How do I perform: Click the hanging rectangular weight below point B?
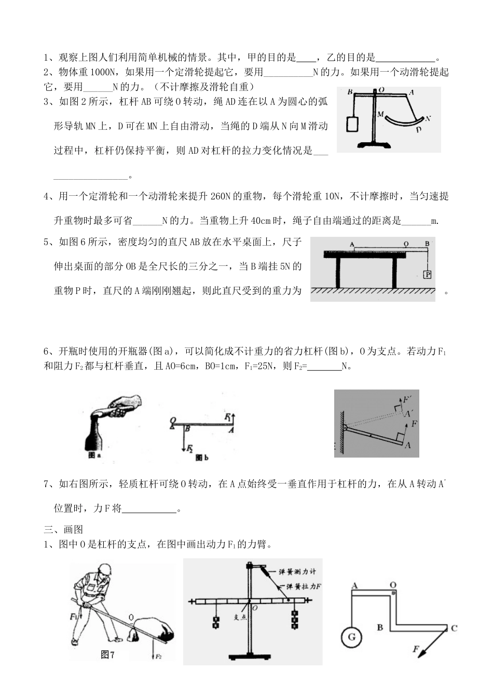click(x=352, y=125)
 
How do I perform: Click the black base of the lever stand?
click(x=374, y=145)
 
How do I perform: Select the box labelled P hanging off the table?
click(x=427, y=274)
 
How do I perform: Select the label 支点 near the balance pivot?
click(x=239, y=617)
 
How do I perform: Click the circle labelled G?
click(x=351, y=637)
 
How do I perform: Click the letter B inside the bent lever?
click(x=380, y=627)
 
